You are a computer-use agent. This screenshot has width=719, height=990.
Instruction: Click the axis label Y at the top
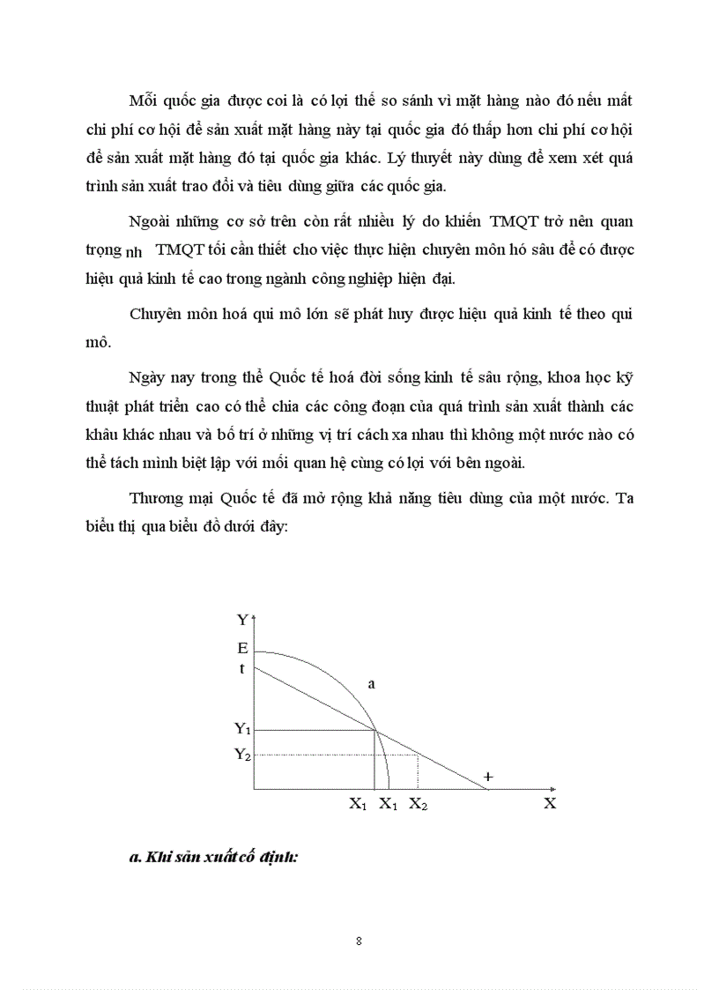coord(242,621)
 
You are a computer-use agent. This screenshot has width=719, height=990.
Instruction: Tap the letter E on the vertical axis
coord(242,648)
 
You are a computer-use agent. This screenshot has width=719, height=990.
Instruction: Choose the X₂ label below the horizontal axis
coord(419,804)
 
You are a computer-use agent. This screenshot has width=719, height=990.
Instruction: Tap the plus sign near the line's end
coord(489,777)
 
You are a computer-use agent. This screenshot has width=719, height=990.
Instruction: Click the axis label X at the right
coord(549,803)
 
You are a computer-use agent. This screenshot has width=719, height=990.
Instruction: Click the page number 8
coord(359,941)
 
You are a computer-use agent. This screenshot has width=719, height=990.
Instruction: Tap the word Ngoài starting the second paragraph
coord(152,221)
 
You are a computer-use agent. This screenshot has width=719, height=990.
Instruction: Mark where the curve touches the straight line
coord(376,730)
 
